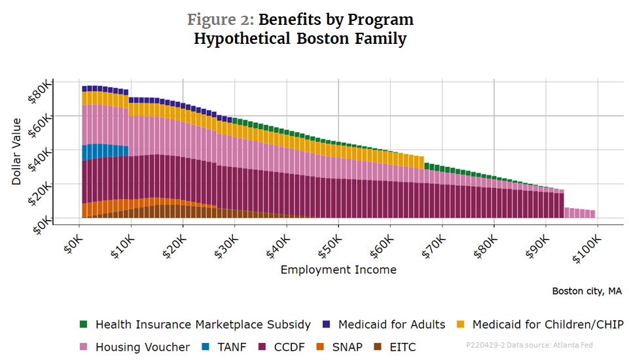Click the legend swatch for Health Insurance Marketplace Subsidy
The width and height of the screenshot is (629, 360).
83,325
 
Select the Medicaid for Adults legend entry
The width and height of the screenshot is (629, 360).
391,325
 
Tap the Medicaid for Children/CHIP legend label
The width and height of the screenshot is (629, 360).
547,325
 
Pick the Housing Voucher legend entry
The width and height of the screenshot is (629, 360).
142,347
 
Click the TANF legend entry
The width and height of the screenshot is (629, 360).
230,347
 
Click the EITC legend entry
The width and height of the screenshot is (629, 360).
401,347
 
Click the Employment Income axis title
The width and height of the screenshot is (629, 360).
338,270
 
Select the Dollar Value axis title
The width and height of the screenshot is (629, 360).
17,151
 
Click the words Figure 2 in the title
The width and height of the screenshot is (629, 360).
219,20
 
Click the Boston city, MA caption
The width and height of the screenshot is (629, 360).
586,291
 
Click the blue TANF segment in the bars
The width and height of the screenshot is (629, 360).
105,151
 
